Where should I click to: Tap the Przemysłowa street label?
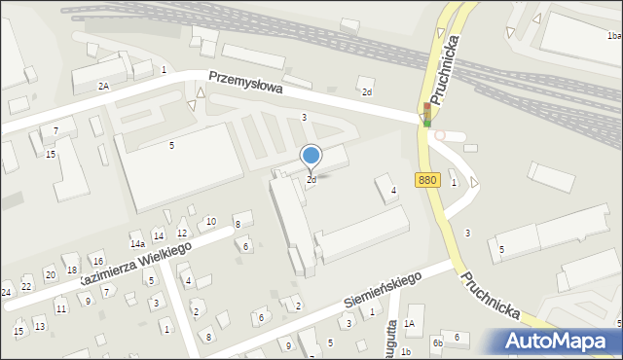[x=244, y=85]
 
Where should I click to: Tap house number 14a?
[x=137, y=244]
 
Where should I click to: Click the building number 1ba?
[x=613, y=36]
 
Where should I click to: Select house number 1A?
[x=410, y=323]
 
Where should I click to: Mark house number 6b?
[x=438, y=342]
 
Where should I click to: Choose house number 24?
[x=6, y=292]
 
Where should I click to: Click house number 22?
[x=26, y=286]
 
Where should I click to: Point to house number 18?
[x=71, y=270]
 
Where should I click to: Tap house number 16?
[x=97, y=262]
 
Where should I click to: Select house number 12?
[x=182, y=234]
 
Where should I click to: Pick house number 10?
[x=211, y=222]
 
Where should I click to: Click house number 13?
[x=40, y=326]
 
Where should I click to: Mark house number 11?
[x=60, y=309]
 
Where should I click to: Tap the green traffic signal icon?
[x=426, y=122]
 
